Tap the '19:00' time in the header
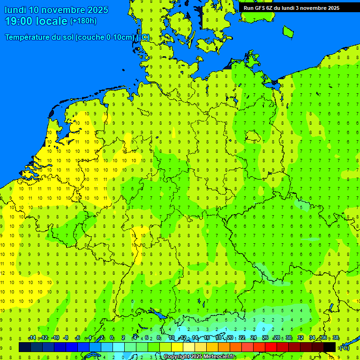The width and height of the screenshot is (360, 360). click(19, 21)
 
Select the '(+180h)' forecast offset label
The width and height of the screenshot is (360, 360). click(83, 21)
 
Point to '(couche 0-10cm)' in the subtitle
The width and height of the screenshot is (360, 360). click(105, 37)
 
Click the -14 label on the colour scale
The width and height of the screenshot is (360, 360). click(32, 338)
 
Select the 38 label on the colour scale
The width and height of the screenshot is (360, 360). click(336, 338)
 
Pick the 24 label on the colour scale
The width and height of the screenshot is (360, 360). click(254, 338)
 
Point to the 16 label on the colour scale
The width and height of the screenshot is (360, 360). click(207, 338)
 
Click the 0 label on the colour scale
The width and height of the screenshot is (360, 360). click(112, 338)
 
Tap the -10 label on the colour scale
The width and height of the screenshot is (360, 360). click(55, 338)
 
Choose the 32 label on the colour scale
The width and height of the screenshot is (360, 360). click(300, 338)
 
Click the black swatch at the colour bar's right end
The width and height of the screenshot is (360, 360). click(330, 347)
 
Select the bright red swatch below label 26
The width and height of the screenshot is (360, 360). click(271, 347)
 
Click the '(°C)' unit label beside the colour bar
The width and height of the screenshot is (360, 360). click(344, 347)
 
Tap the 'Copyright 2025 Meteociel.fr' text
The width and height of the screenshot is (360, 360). click(199, 357)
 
